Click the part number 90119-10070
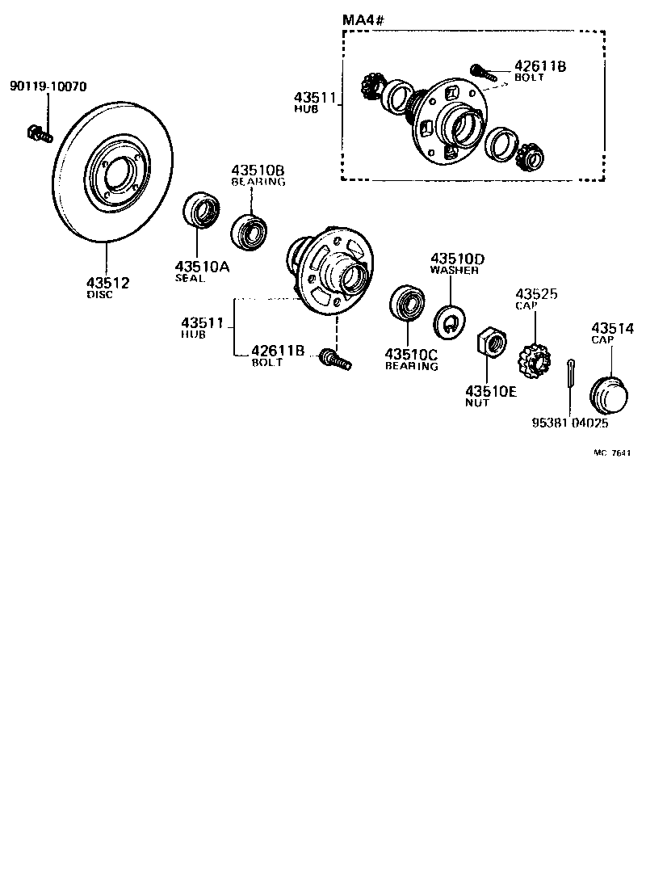(48, 86)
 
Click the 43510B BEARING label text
(258, 175)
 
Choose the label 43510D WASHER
(456, 263)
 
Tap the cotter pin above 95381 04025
(571, 377)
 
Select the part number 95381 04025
(569, 423)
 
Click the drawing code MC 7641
(611, 454)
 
